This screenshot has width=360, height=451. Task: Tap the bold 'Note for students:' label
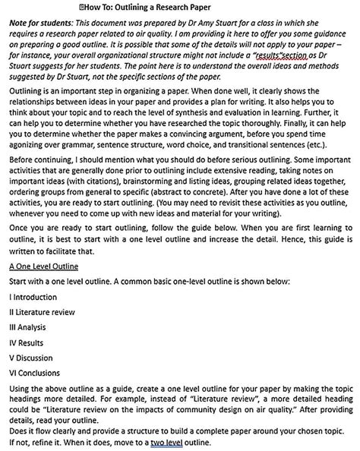coord(40,24)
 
